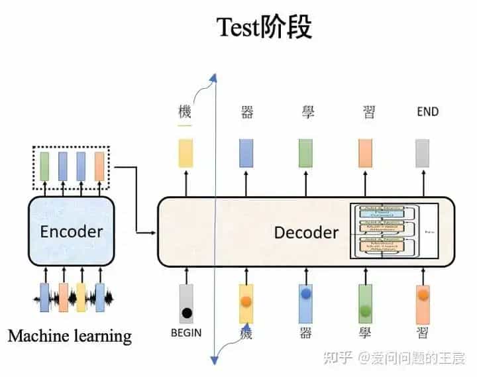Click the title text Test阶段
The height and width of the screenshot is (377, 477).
(264, 27)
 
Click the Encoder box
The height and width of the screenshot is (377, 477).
(71, 231)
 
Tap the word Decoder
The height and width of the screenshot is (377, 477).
(306, 232)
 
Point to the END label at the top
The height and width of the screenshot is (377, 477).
(427, 111)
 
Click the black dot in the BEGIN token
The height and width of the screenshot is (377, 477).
(187, 312)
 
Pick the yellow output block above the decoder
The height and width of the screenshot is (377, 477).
(185, 152)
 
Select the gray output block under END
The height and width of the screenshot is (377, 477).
(423, 152)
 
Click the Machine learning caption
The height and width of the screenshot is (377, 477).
(70, 336)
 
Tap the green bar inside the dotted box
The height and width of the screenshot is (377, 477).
(44, 166)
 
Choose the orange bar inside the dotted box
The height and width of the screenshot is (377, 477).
(99, 166)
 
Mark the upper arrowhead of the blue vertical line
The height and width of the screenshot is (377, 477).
(213, 79)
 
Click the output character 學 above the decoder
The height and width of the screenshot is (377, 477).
(306, 111)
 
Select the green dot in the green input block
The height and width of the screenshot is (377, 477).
(365, 310)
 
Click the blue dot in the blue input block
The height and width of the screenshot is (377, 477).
(306, 292)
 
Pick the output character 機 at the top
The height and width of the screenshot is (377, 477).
(185, 111)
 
